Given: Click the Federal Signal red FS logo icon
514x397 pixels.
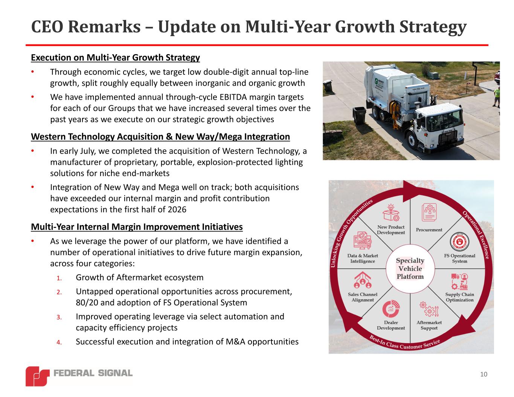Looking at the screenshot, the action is (38, 376).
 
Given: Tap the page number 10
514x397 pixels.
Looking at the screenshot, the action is (484, 374).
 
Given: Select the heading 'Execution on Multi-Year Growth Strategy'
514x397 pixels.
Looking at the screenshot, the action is (116, 58).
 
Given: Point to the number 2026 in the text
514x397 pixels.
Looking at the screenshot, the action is (177, 210).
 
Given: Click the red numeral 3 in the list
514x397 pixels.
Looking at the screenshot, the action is (59, 317).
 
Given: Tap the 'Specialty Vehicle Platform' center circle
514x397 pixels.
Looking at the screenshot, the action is (410, 269).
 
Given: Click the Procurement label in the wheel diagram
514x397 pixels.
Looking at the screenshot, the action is (429, 230).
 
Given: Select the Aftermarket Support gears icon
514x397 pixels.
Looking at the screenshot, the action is (429, 309).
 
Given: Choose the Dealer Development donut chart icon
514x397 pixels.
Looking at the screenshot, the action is (391, 309).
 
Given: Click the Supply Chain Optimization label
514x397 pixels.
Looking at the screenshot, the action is (460, 297).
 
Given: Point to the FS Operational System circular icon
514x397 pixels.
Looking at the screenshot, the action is (459, 242).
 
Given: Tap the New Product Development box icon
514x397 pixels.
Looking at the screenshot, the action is (391, 212).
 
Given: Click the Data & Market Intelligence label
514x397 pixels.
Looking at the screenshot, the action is (363, 258).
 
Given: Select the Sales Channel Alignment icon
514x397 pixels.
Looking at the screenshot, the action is (363, 280).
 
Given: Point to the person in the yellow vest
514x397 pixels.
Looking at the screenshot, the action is (497, 97).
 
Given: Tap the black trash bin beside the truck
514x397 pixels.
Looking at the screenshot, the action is (360, 115).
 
